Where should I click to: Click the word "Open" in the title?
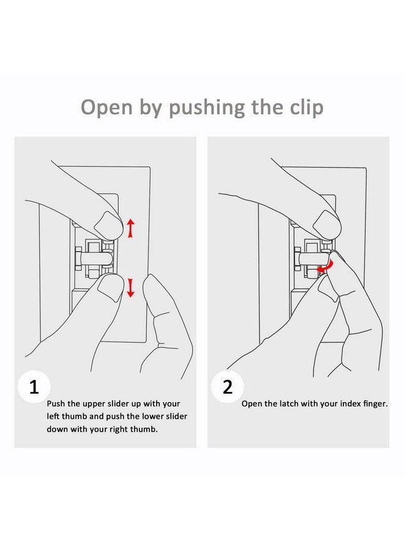[x=107, y=108]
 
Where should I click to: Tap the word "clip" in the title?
[x=307, y=107]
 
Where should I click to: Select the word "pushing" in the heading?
[x=206, y=108]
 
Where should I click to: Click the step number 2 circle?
[x=228, y=387]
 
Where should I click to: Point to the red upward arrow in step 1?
[x=130, y=228]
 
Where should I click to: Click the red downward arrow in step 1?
[x=130, y=288]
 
